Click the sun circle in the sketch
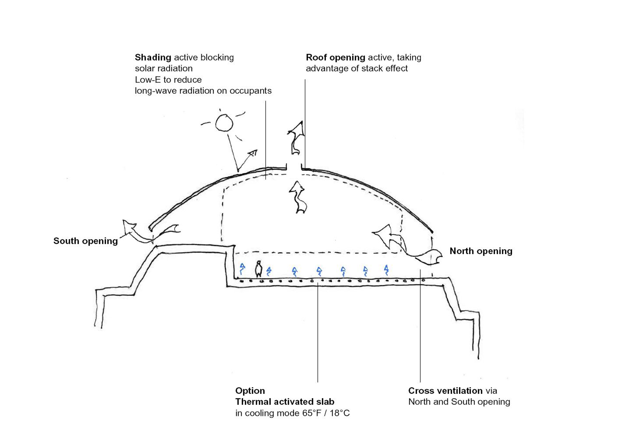click(x=224, y=123)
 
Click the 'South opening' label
click(x=85, y=241)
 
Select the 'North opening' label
click(x=481, y=251)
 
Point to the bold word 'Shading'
click(x=153, y=57)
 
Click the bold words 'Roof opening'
click(x=335, y=57)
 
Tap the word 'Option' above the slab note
click(x=250, y=391)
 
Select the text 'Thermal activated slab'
click(x=285, y=402)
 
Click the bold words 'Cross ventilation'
click(x=445, y=391)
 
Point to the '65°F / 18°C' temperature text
click(x=326, y=413)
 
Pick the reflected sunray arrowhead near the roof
click(x=253, y=153)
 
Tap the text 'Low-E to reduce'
click(x=168, y=80)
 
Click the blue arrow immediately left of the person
click(x=242, y=269)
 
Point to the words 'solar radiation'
click(x=164, y=69)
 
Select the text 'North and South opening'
click(x=459, y=402)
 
